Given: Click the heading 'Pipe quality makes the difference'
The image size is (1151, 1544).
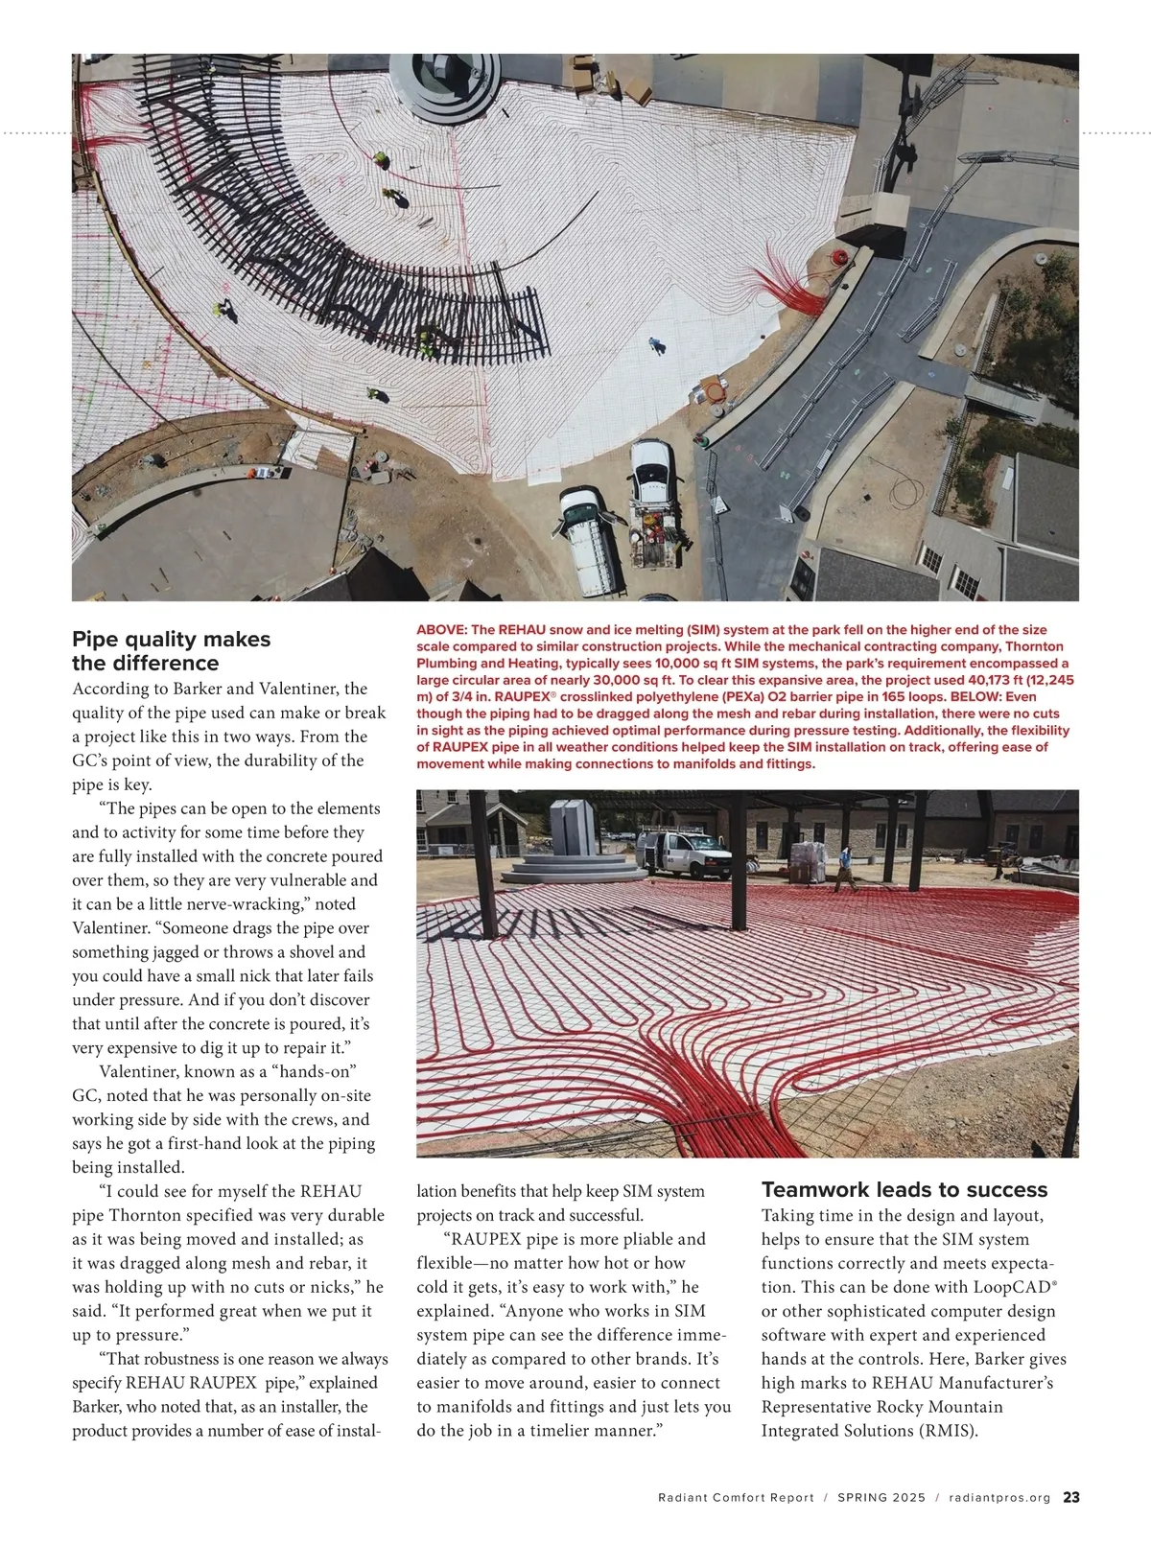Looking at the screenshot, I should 171,651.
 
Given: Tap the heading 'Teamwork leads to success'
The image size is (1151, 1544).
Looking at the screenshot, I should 904,1190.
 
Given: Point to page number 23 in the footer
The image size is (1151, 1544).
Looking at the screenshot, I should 1071,1498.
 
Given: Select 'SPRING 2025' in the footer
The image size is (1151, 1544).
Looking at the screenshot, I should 881,1498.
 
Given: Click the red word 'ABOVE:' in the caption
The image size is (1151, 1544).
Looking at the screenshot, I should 442,630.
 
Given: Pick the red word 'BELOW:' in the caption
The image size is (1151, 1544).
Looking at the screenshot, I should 976,697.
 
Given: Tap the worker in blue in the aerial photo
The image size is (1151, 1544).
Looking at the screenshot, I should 656,345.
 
